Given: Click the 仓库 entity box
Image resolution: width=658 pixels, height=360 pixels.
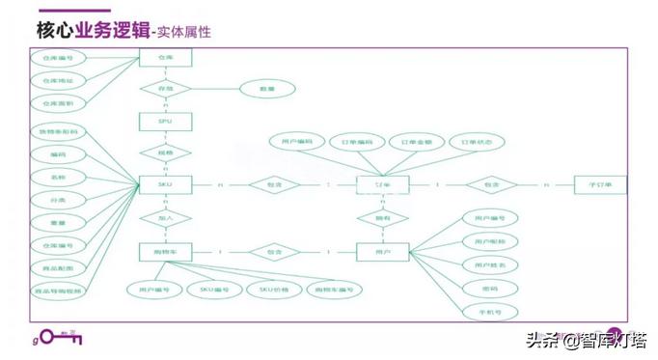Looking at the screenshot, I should tap(166, 58).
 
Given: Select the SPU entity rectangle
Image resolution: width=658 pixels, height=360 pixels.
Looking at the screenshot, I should tap(166, 121).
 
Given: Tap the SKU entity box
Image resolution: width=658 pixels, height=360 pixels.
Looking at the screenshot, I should tap(166, 183).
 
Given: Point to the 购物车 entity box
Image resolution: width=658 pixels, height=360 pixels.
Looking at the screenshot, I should tap(166, 252).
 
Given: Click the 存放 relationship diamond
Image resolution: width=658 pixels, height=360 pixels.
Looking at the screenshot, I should tap(166, 89).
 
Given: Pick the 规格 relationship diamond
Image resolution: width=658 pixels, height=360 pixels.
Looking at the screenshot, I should tap(166, 152).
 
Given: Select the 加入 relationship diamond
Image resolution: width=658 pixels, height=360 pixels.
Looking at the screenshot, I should tap(166, 218).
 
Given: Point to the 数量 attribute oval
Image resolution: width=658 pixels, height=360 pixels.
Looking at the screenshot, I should tap(267, 89).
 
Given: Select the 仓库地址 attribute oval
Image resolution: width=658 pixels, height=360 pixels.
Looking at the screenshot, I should tap(58, 80).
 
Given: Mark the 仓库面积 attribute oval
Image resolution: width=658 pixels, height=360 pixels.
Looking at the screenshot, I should tap(58, 102).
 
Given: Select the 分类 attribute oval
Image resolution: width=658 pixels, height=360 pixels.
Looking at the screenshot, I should tap(58, 199).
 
